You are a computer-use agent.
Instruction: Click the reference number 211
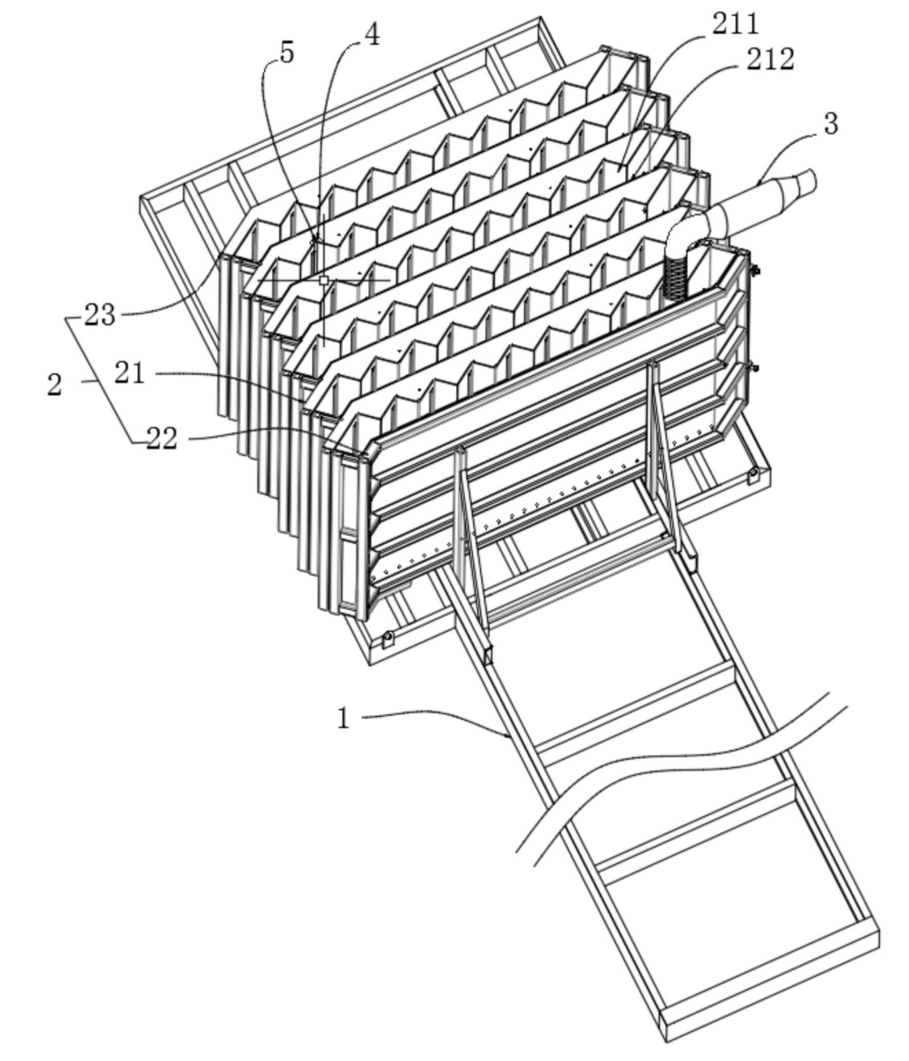(x=735, y=23)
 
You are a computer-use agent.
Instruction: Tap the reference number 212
(x=770, y=59)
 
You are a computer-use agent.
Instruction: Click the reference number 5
(x=287, y=53)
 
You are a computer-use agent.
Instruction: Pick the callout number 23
(x=99, y=315)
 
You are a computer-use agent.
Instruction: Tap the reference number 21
(x=130, y=373)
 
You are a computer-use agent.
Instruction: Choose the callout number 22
(x=161, y=439)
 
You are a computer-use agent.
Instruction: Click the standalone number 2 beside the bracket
(x=55, y=384)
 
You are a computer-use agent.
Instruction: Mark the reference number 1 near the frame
(x=344, y=718)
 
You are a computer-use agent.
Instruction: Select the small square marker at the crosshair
(x=323, y=280)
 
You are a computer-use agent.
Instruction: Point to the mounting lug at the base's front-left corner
(x=388, y=638)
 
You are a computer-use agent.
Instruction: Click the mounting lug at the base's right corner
(x=752, y=475)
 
